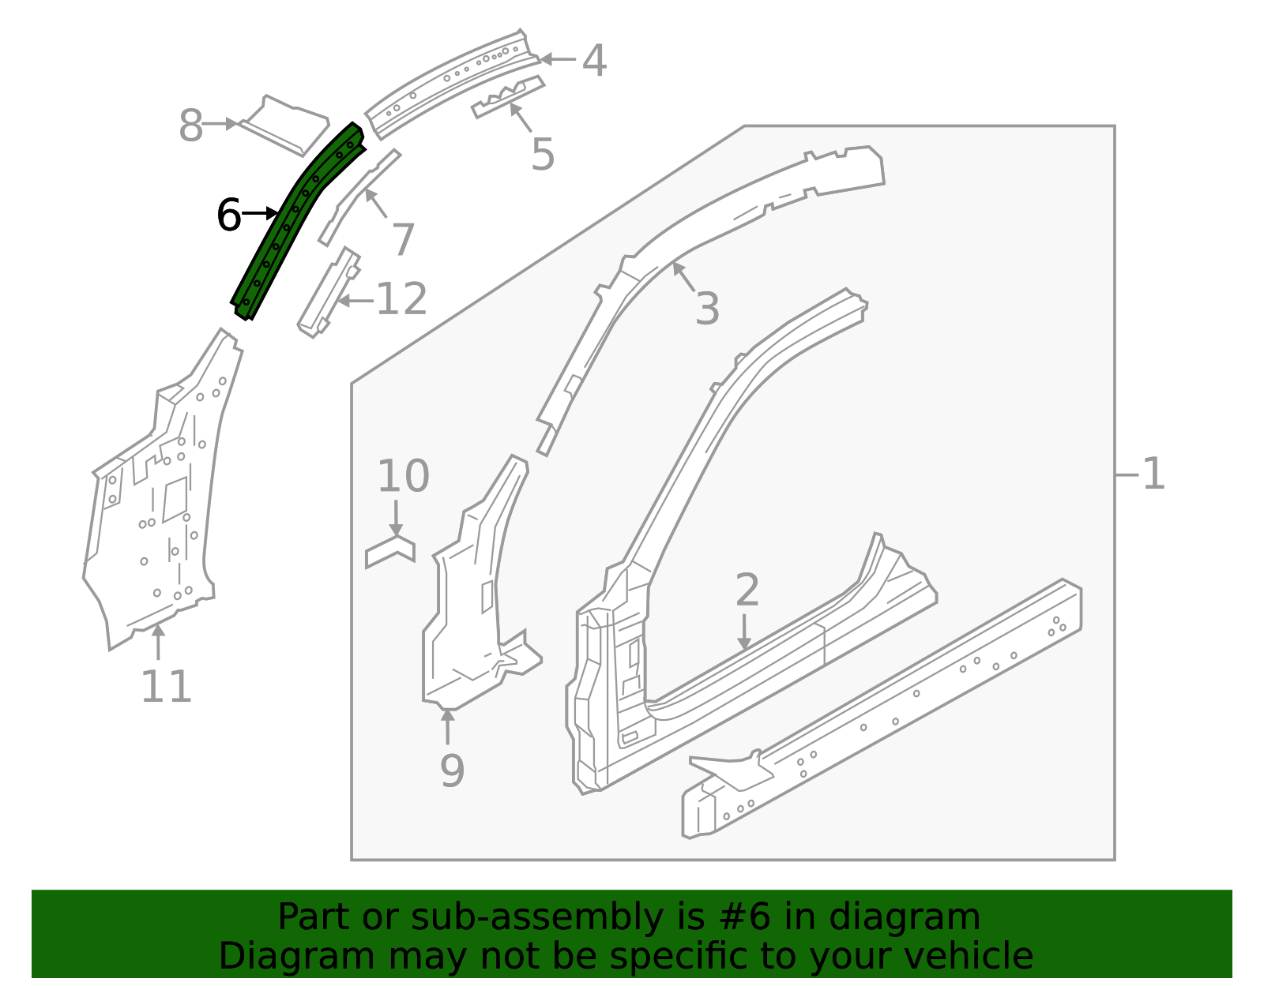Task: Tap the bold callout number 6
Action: (229, 216)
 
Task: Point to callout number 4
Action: (594, 61)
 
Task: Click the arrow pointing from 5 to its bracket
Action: (521, 118)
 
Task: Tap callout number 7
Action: (403, 239)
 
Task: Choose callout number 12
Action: (401, 300)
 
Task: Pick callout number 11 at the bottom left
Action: (166, 686)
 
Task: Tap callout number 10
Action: (403, 476)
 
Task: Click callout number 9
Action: (452, 770)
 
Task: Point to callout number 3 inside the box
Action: (707, 308)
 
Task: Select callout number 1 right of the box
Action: (1153, 474)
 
